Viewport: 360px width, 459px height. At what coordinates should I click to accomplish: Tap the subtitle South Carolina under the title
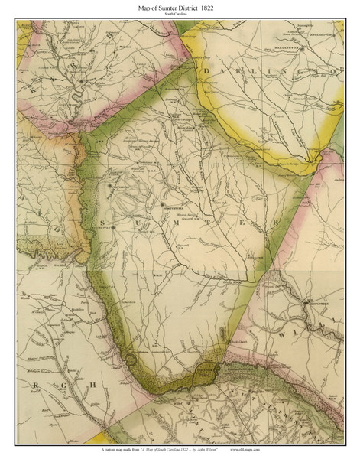tap(180, 15)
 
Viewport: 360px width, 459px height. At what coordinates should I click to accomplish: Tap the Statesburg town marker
tap(112, 186)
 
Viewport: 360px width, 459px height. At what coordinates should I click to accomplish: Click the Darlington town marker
tap(303, 49)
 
